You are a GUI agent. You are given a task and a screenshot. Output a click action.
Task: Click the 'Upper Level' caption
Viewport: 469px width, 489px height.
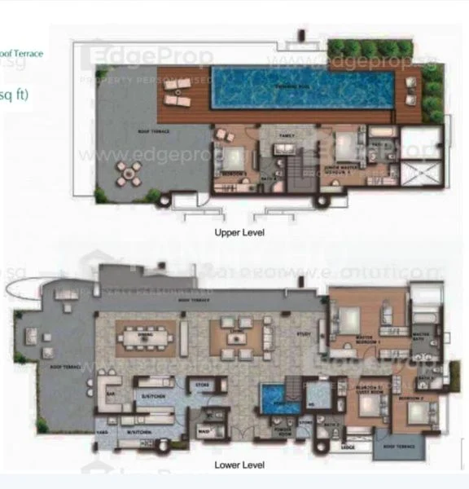pos(239,232)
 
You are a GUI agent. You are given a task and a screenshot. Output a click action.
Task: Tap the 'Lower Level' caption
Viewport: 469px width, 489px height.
pos(238,467)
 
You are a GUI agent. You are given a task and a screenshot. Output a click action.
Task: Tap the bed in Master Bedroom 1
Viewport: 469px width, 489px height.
pos(355,320)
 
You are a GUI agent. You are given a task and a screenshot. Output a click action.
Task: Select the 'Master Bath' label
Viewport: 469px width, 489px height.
pos(423,337)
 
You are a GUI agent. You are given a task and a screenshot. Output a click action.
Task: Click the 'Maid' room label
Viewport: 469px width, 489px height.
pos(200,424)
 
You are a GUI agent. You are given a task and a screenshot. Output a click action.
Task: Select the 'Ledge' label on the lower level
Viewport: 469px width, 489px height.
pos(348,447)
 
